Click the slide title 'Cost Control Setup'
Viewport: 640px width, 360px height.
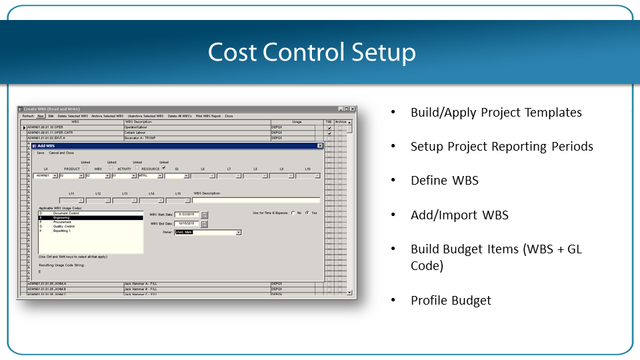[x=312, y=53]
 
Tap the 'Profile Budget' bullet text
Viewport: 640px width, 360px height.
[x=451, y=300]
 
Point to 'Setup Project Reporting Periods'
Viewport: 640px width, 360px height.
[x=501, y=147]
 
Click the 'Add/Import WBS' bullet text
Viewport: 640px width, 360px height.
[x=459, y=215]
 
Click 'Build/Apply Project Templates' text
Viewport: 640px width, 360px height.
[x=496, y=113]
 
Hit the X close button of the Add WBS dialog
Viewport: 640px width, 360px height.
[x=320, y=145]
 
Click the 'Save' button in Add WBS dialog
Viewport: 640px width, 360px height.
[x=41, y=153]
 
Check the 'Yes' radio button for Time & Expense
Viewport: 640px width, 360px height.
[x=307, y=213]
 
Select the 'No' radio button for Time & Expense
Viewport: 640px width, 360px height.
[x=293, y=213]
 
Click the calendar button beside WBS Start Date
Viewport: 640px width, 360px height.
[x=205, y=215]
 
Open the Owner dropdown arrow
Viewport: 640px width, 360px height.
[x=239, y=233]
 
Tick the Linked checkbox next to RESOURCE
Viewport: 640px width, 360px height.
[x=163, y=168]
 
